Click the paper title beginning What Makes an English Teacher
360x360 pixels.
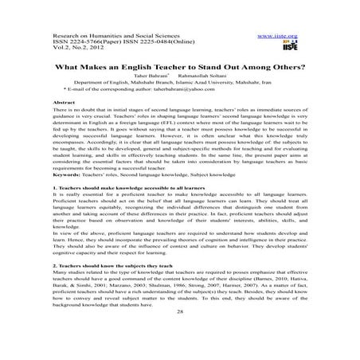180,68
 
